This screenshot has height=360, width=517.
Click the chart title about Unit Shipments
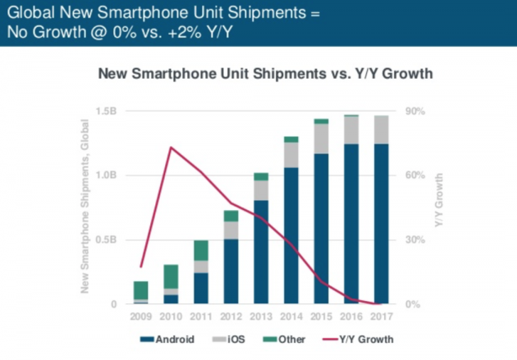tap(265, 75)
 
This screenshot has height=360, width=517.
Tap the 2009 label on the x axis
tap(141, 316)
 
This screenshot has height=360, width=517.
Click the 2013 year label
tap(261, 316)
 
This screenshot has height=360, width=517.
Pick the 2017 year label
tap(380, 316)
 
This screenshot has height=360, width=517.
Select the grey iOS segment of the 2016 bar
tap(350, 130)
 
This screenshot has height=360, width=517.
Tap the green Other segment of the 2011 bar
tap(201, 250)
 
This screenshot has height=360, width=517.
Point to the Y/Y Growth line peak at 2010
tap(171, 148)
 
